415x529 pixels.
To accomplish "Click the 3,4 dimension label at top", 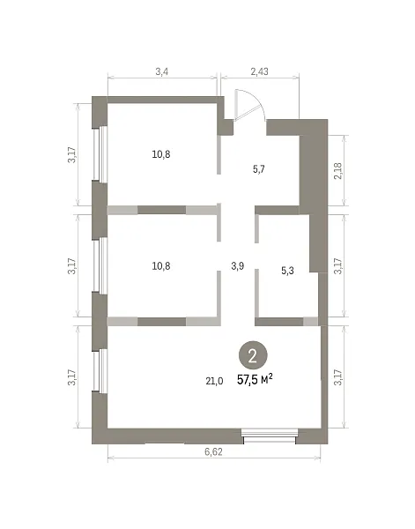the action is pyautogui.click(x=162, y=71).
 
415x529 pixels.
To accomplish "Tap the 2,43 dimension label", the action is pyautogui.click(x=260, y=71).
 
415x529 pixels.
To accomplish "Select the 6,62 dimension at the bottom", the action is pyautogui.click(x=213, y=451).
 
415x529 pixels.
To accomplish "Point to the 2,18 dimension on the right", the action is pyautogui.click(x=338, y=171).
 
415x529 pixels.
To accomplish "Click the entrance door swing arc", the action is pyautogui.click(x=260, y=101).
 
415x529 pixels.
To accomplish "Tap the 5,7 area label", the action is pyautogui.click(x=259, y=169).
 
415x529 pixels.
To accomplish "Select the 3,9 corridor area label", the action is pyautogui.click(x=237, y=266).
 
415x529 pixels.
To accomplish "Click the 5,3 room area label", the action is pyautogui.click(x=287, y=271).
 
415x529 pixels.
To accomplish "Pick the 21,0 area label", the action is pyautogui.click(x=214, y=381).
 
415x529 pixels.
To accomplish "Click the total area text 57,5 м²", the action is pyautogui.click(x=255, y=379).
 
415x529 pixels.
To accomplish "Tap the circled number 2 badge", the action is pyautogui.click(x=253, y=356).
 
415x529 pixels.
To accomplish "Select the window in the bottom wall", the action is pyautogui.click(x=270, y=436).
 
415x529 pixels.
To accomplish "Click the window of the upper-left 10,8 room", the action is pyautogui.click(x=100, y=154).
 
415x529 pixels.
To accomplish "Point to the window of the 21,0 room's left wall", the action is pyautogui.click(x=100, y=370).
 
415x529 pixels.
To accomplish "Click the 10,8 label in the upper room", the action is pyautogui.click(x=161, y=154).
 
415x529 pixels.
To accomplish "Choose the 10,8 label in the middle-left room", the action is pyautogui.click(x=161, y=266).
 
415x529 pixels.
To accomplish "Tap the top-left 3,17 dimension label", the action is pyautogui.click(x=72, y=155).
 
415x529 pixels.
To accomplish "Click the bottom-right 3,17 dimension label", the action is pyautogui.click(x=338, y=378).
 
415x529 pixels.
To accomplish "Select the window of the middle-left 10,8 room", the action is pyautogui.click(x=100, y=265).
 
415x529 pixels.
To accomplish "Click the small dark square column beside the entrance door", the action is pyautogui.click(x=228, y=127).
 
